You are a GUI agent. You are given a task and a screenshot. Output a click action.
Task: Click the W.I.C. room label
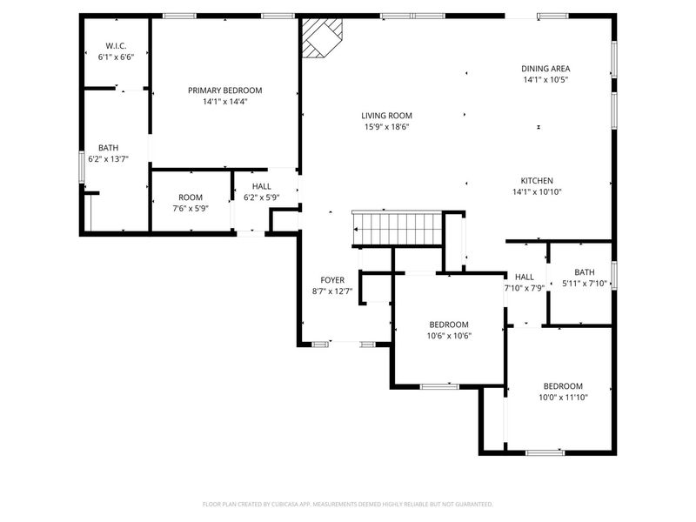point(116,46)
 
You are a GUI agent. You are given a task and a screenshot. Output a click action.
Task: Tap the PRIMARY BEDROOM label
point(225,90)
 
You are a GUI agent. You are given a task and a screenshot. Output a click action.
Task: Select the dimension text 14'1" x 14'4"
point(225,102)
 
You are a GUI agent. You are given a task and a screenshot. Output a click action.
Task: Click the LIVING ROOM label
point(386,116)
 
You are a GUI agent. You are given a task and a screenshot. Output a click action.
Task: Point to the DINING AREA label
point(545,69)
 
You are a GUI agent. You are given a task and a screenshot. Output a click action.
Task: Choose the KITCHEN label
point(537,181)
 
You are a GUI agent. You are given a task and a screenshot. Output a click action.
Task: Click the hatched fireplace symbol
point(322,37)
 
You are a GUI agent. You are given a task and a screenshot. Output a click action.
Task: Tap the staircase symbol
point(398,229)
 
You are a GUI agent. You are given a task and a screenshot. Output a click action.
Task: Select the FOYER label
point(332,280)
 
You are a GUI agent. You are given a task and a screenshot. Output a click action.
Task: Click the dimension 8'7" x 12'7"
point(332,291)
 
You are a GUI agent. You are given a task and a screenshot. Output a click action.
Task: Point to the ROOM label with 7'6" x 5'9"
point(191,197)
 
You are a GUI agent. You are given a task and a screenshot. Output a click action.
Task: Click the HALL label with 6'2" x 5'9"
point(262,186)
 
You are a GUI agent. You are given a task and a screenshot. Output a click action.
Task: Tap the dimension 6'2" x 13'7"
point(108,159)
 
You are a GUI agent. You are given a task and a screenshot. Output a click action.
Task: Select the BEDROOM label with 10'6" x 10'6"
point(449,325)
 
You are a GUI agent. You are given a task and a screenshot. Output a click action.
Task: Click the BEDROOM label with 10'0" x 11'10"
point(563,386)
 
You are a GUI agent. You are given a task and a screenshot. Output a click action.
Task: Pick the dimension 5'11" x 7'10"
point(584,284)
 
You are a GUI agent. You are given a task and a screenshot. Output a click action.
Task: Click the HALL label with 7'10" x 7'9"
point(525,277)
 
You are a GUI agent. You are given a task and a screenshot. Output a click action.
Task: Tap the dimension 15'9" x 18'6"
point(386,127)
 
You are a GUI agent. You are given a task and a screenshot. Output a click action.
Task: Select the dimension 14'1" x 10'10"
point(537,192)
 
